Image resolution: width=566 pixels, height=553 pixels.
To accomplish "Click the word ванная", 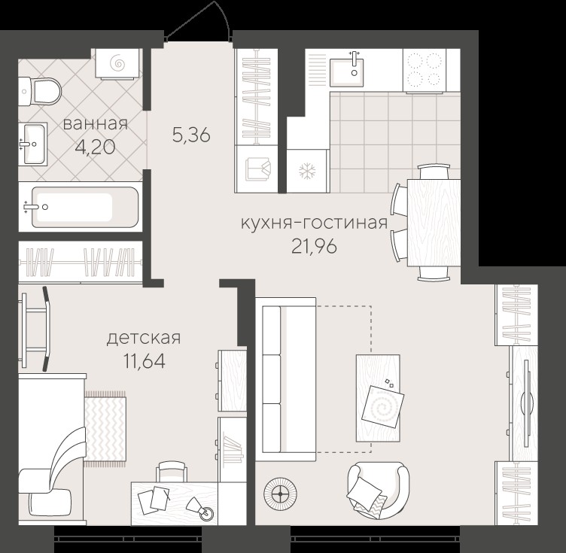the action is point(96,124).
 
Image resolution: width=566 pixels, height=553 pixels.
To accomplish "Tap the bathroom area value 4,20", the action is point(96,147).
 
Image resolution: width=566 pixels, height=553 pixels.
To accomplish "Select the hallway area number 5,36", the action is point(191,135).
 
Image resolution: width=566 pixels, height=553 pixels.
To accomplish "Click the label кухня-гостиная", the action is point(314,223).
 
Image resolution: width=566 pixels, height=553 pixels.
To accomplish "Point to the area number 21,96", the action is point(314,247).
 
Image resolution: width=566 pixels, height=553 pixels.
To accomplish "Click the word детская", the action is point(143,339).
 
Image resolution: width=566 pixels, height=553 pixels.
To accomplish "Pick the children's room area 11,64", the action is point(145,360).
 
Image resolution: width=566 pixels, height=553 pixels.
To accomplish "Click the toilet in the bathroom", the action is point(41,92).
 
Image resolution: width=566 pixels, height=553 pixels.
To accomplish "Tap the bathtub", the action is point(84,207).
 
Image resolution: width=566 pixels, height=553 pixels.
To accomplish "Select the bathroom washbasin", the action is point(33,144).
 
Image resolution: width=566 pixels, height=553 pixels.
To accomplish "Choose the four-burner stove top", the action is point(424,71).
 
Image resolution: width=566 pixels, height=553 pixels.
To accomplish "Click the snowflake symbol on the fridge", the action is point(307,171).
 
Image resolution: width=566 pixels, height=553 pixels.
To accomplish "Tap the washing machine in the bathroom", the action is point(117,63).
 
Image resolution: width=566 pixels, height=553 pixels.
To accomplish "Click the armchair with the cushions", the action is point(379,490).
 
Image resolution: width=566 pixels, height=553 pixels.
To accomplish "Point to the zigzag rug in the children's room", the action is point(105,429).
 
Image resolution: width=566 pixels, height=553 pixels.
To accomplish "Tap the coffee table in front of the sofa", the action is point(378,398).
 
